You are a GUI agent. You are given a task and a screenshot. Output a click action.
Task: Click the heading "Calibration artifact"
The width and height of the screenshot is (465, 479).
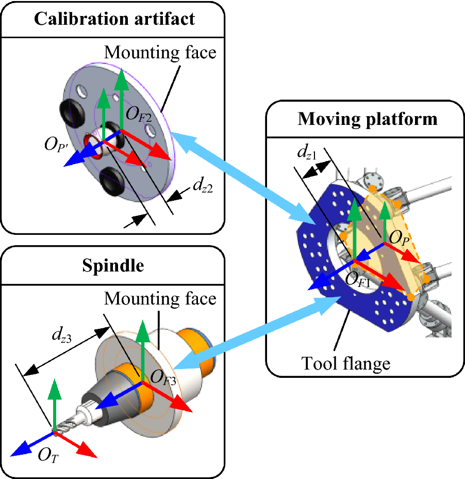click(114, 19)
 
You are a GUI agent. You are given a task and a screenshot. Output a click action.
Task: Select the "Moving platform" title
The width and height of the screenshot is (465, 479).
click(367, 119)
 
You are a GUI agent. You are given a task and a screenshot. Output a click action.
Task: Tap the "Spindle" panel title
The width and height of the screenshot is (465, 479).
click(112, 266)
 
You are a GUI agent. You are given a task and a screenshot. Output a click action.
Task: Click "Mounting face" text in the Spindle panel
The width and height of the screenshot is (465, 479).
click(160, 298)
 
